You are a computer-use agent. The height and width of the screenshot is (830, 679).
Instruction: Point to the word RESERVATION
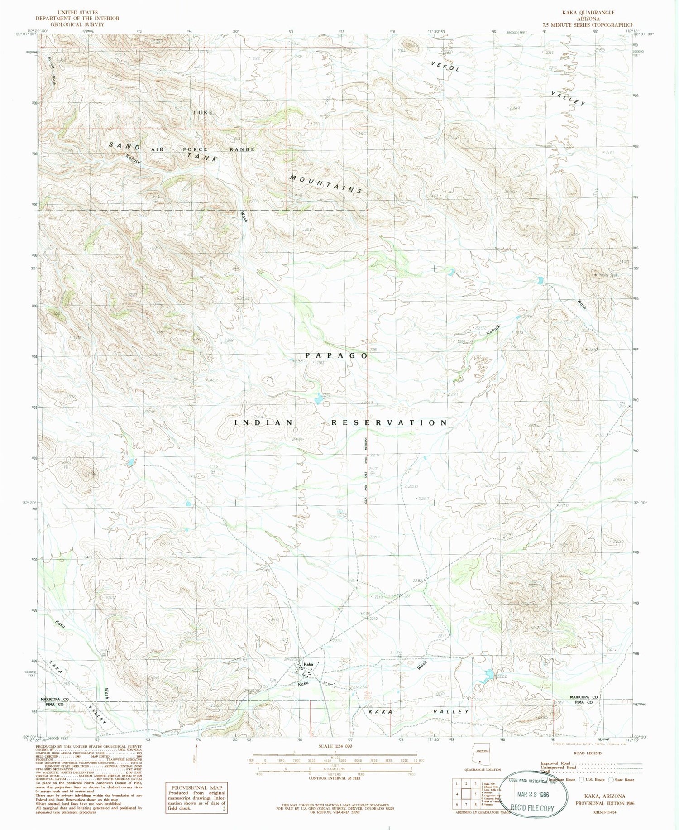(390, 422)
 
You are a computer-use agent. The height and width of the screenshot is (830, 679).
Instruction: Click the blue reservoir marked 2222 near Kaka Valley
(488, 675)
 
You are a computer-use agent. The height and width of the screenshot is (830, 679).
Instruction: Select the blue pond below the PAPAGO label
(318, 398)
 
